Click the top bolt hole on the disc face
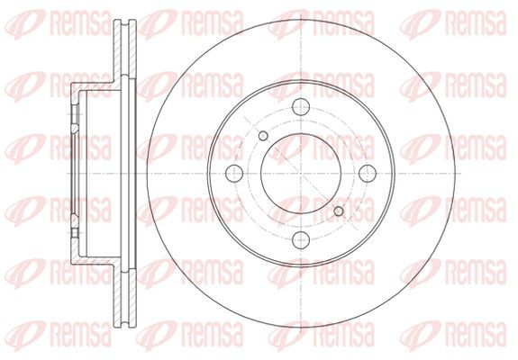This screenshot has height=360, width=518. tap(301, 106)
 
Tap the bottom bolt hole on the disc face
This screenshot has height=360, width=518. tap(301, 239)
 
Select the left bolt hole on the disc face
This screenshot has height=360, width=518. tap(234, 173)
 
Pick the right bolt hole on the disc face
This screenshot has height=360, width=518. tap(368, 173)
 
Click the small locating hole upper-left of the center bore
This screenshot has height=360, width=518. tap(263, 136)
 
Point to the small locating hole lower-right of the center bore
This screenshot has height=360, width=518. tap(339, 211)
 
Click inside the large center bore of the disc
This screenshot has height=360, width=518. tap(301, 173)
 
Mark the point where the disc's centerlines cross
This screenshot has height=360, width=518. tap(301, 173)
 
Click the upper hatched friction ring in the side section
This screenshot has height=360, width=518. tap(125, 49)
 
